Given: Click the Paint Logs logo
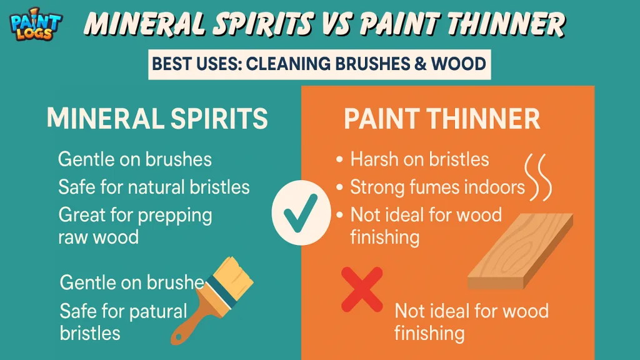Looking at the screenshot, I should (x=36, y=25).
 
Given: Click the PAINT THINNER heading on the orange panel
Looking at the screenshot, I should (x=442, y=119).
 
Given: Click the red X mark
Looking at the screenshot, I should (x=362, y=289).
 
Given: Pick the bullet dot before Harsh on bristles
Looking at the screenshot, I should (x=339, y=160).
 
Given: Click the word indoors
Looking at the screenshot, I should (x=494, y=187).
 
